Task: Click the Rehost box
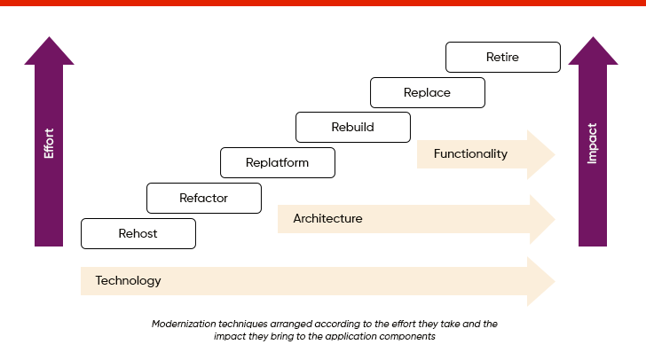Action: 138,233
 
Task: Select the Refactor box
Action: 203,198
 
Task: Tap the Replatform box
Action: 278,162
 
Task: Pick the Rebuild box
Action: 352,127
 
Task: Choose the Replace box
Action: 427,92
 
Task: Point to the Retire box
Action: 502,57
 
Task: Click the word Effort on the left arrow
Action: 49,144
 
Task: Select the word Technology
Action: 129,281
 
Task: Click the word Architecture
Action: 327,218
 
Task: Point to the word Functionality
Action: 470,153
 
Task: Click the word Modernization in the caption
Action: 182,325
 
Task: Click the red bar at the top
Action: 323,3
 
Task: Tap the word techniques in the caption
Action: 240,325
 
